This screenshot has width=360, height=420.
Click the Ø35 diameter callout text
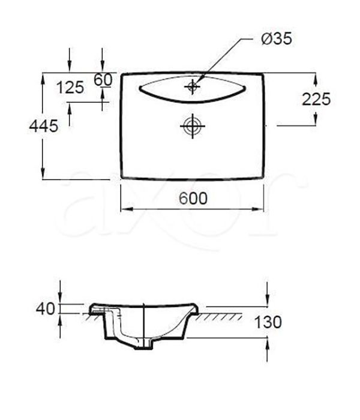coord(276,38)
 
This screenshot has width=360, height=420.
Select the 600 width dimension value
coord(193,199)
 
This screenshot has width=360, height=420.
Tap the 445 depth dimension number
coord(43,126)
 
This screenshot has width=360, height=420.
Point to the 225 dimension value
coord(316,100)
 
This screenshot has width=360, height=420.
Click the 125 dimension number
coord(70,88)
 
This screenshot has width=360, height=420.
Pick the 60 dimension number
coord(103,80)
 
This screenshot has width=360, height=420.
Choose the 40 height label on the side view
coord(45,308)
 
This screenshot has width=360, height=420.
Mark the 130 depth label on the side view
coord(268,322)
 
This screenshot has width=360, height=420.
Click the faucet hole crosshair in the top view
coord(193,86)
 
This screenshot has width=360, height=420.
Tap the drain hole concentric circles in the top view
coord(193,126)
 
